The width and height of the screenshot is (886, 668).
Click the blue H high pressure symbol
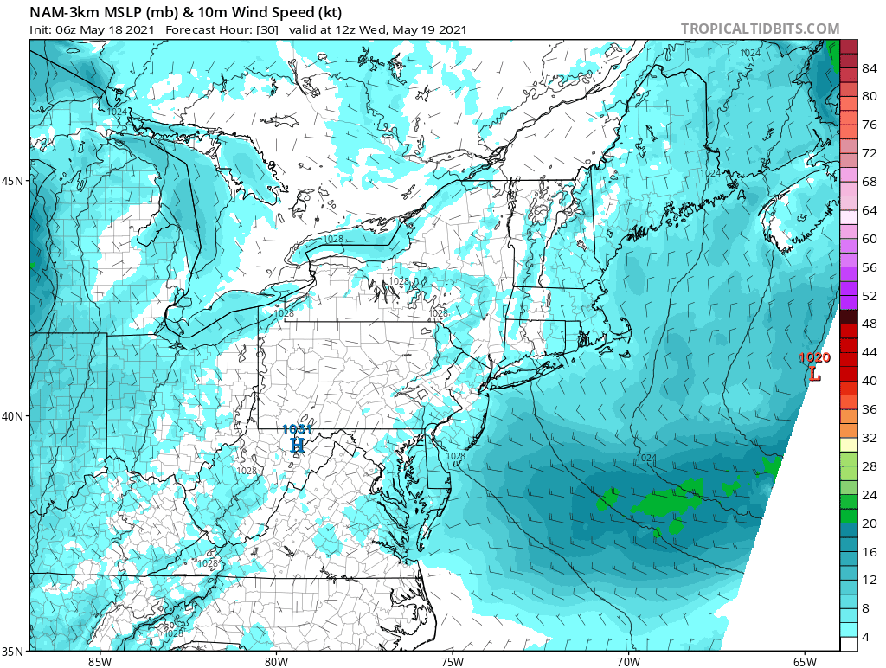coord(298,445)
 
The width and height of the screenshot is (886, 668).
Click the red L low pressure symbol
coord(814,375)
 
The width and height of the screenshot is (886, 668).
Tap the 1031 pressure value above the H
coord(298,429)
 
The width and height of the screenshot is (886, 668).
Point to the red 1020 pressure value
coord(814,357)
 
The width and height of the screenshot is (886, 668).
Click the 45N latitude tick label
coord(15,181)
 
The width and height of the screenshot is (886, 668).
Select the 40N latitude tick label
coord(15,416)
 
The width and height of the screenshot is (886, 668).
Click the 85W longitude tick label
coord(100,662)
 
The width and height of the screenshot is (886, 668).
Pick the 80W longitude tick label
coord(276,662)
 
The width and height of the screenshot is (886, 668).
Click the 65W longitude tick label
coord(805,662)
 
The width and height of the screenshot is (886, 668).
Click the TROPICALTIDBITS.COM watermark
coord(760,29)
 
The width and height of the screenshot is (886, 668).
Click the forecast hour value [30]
coord(266,29)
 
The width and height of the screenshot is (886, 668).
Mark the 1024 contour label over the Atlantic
coord(646,458)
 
